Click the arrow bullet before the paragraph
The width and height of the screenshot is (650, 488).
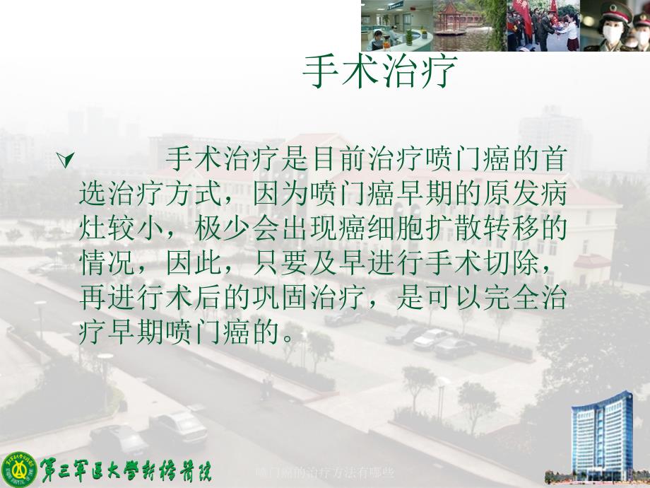click(x=66, y=159)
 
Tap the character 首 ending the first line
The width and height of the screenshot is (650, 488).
click(x=554, y=159)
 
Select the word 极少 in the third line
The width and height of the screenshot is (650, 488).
click(x=222, y=228)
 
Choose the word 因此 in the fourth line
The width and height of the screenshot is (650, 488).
click(x=194, y=263)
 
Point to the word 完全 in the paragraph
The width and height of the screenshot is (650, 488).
click(x=511, y=298)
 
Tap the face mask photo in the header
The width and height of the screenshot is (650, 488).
click(x=615, y=25)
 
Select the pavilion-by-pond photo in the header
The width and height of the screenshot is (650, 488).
click(x=470, y=25)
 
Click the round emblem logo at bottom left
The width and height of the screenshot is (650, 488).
click(x=19, y=470)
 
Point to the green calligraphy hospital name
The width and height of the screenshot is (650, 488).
click(x=126, y=470)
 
